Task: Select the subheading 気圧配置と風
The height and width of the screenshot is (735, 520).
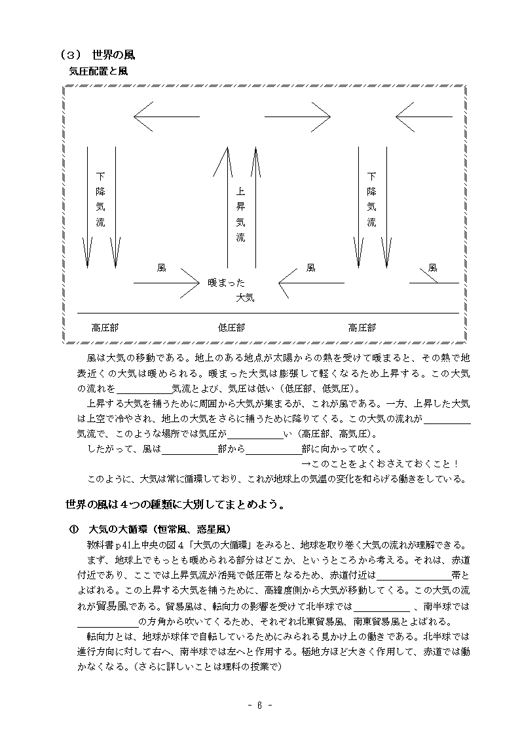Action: (98, 72)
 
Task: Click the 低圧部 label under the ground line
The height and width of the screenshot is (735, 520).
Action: (231, 327)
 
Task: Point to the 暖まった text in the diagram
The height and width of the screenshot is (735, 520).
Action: (226, 283)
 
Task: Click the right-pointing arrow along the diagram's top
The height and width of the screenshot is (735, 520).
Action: (297, 117)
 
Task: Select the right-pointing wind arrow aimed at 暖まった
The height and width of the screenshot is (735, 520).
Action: (166, 283)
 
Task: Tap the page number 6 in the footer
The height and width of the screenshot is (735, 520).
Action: (260, 705)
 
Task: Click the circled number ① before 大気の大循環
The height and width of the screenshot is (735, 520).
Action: (73, 529)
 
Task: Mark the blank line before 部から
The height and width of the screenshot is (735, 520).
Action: (189, 449)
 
